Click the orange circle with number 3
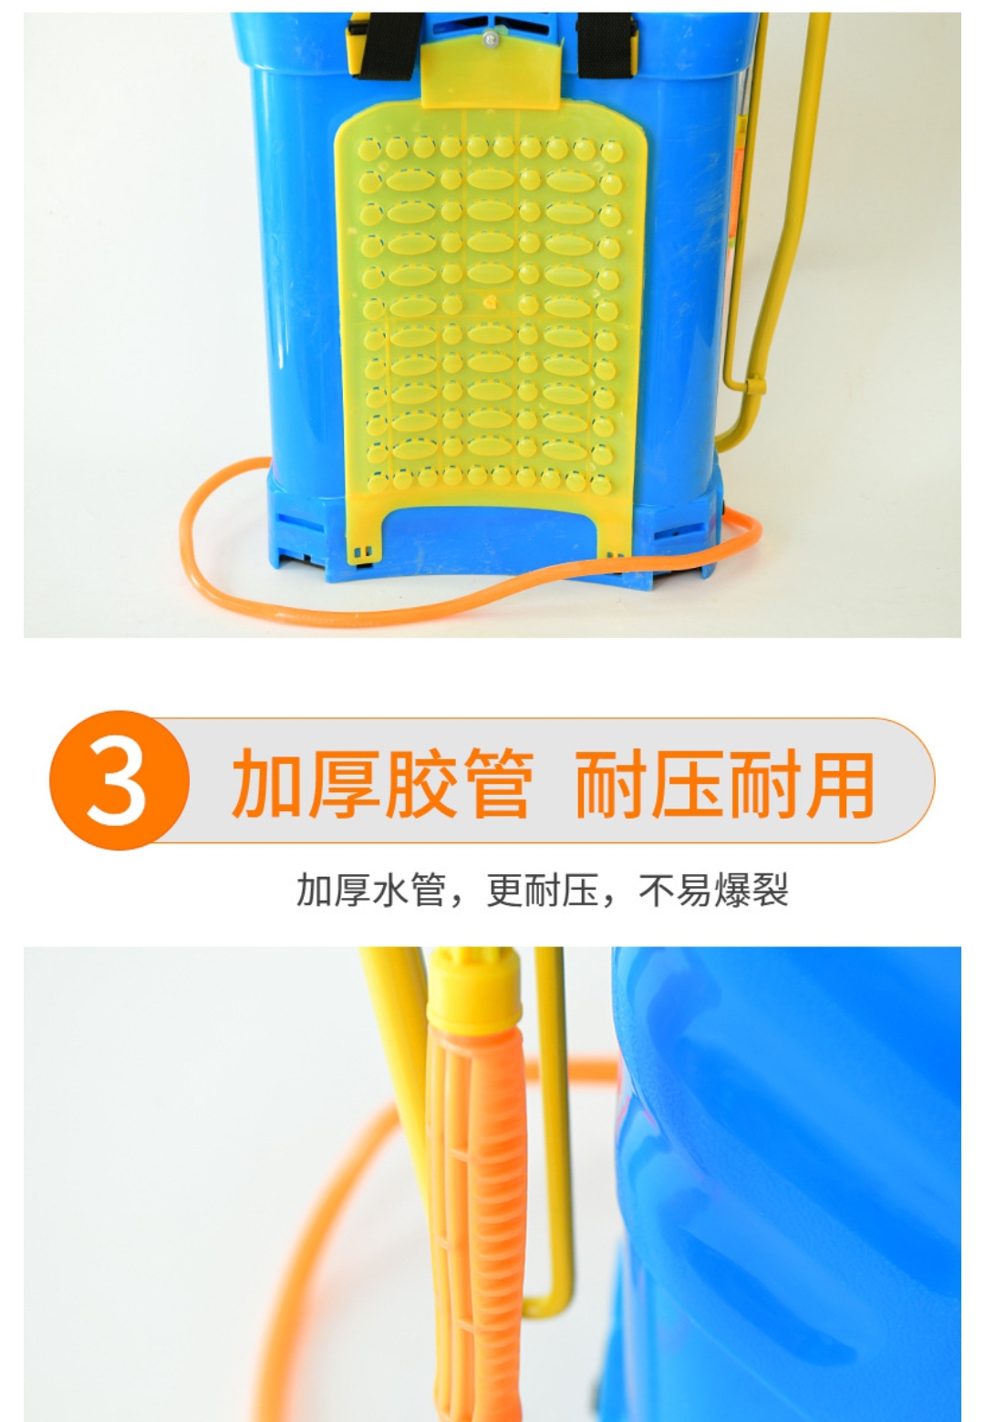coord(119,780)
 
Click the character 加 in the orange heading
coord(265,783)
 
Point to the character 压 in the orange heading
coord(689,783)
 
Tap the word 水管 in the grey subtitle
coord(409,890)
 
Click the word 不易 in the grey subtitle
coord(675,890)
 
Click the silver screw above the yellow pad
coord(490,39)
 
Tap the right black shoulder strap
coord(606,45)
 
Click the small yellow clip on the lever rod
coord(755,385)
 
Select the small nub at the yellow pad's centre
coord(490,301)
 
